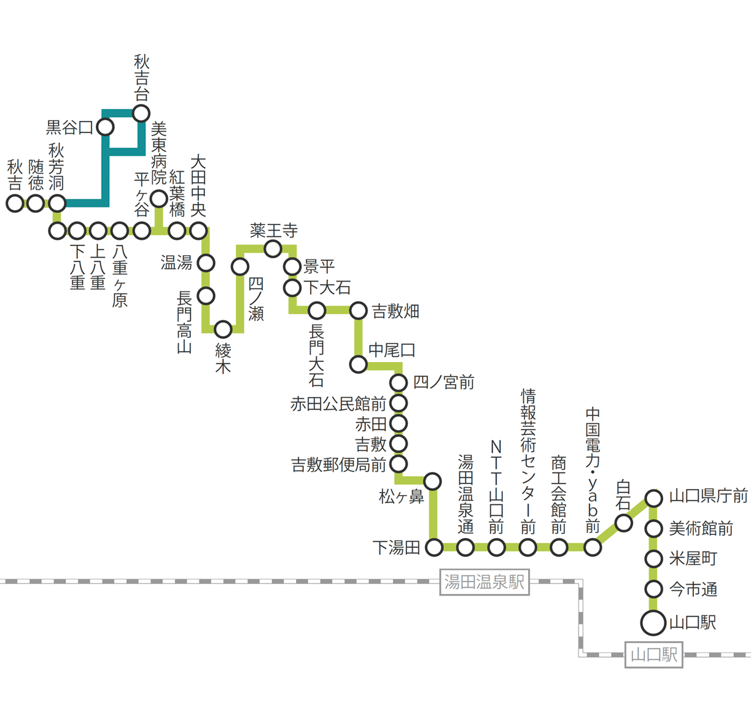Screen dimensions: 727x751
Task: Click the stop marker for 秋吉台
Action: (141, 113)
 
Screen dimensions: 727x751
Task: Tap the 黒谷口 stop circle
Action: (106, 127)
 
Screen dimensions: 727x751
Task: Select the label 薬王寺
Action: (274, 231)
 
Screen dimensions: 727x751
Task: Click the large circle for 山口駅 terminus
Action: (653, 623)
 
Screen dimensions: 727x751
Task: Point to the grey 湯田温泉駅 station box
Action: (484, 582)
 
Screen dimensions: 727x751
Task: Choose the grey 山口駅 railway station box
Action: (653, 655)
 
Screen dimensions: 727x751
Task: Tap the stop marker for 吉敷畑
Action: (358, 310)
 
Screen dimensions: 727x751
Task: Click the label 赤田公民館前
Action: (338, 404)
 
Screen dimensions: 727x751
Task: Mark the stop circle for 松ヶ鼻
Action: (432, 481)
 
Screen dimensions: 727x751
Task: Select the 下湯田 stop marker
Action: (434, 547)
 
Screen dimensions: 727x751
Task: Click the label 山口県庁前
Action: (708, 496)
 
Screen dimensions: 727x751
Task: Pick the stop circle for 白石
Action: (624, 523)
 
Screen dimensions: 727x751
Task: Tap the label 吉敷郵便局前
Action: (338, 464)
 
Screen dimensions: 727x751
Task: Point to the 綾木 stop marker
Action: (223, 329)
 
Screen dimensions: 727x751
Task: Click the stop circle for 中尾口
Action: (358, 364)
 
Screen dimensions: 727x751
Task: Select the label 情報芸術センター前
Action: (528, 461)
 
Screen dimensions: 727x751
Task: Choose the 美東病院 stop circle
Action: (159, 198)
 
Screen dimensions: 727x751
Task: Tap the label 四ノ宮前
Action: (443, 383)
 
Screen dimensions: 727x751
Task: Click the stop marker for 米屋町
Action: (653, 559)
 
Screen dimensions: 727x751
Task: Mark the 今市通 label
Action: (693, 590)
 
